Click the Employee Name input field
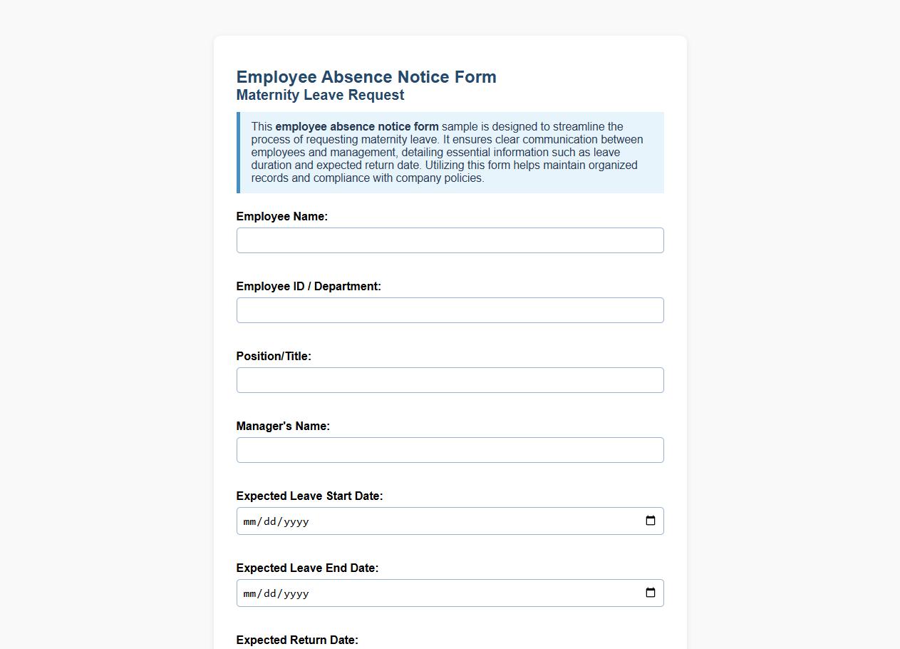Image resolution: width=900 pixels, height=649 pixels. pyautogui.click(x=450, y=240)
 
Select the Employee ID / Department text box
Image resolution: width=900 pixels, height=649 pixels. pyautogui.click(x=450, y=310)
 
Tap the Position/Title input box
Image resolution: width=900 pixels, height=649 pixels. pyautogui.click(x=450, y=380)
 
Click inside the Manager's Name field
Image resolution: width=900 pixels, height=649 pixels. pyautogui.click(x=450, y=450)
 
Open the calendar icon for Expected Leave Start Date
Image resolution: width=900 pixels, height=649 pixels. pyautogui.click(x=651, y=521)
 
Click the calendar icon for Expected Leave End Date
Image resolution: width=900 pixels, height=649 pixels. pyautogui.click(x=651, y=593)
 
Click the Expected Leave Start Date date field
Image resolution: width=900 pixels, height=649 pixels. pyautogui.click(x=428, y=521)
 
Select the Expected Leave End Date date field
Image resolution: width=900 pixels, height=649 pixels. pyautogui.click(x=428, y=593)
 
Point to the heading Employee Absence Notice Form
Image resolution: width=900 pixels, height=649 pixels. pyautogui.click(x=366, y=77)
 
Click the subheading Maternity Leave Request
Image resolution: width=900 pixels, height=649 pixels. pyautogui.click(x=320, y=95)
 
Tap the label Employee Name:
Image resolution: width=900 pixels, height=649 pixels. pyautogui.click(x=281, y=216)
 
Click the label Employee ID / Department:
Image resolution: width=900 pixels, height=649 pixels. pyautogui.click(x=309, y=286)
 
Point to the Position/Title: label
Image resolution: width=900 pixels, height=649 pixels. pyautogui.click(x=274, y=356)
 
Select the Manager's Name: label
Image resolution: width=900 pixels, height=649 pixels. pyautogui.click(x=283, y=426)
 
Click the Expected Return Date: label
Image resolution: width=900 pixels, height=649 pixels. pyautogui.click(x=297, y=640)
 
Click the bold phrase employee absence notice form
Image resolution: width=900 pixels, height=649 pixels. pyautogui.click(x=357, y=126)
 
